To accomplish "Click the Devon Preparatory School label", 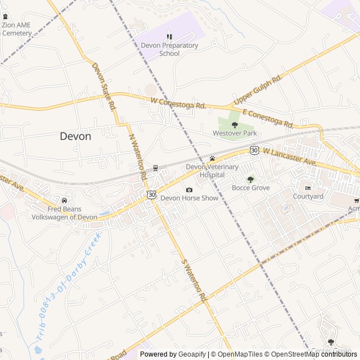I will (x=169, y=49).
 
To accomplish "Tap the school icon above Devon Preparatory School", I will (x=169, y=37).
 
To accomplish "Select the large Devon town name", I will (x=75, y=136).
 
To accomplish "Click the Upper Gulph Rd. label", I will (x=256, y=90).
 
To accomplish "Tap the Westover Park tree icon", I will (x=235, y=125).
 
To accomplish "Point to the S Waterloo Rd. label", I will (x=195, y=279).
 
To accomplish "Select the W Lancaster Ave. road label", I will (x=290, y=156).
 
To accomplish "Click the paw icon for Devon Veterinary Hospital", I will (x=212, y=159).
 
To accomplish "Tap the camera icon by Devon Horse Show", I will (x=189, y=190).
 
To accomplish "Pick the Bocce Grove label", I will (x=251, y=188).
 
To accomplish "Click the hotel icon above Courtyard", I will (x=308, y=188).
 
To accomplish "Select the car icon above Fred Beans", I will (x=64, y=201).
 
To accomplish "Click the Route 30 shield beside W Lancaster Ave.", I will (x=254, y=150).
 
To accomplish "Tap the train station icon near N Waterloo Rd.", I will (x=155, y=168).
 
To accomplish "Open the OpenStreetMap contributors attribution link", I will (x=321, y=354).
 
